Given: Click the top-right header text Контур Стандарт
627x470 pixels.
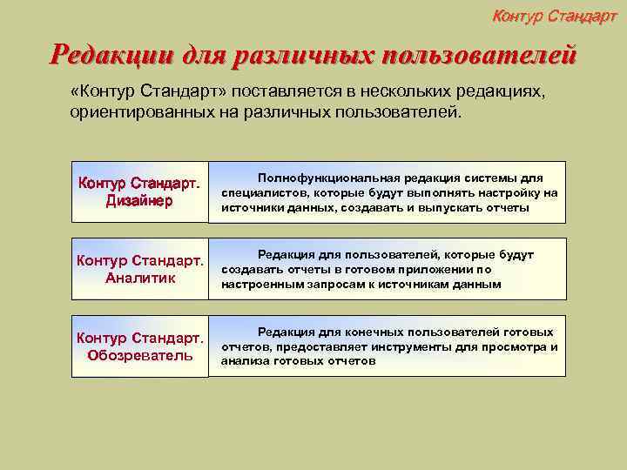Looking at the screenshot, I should (x=554, y=15).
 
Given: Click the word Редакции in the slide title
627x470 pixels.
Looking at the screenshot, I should (x=111, y=57).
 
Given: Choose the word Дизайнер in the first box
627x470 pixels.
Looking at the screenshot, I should (x=139, y=201).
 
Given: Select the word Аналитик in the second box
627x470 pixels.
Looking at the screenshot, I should (x=139, y=279).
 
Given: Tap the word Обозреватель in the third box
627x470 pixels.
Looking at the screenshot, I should (x=139, y=355).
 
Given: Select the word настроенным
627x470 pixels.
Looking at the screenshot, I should (x=259, y=284).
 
